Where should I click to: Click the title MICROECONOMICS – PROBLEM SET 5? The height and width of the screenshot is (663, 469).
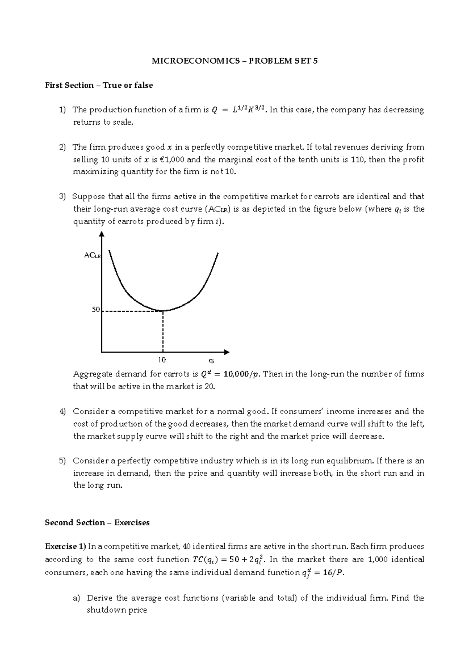pos(234,61)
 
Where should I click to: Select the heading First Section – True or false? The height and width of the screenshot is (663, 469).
pos(99,85)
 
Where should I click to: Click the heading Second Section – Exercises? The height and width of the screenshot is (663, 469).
pos(97,522)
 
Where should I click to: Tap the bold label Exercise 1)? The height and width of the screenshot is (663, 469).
pos(65,547)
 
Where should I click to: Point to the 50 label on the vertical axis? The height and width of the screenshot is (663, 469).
pos(96,310)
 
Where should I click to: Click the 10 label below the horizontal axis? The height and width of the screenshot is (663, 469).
pos(162,359)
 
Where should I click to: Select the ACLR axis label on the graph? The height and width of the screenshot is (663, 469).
pos(93,255)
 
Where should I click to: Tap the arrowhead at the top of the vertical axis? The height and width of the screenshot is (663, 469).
pos(102,234)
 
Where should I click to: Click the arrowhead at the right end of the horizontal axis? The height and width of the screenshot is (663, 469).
pos(227,352)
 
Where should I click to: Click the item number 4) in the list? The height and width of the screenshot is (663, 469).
pos(63,412)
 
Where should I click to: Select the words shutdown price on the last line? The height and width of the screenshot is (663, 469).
pos(116,610)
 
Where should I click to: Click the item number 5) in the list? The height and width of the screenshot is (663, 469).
pos(63,461)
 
